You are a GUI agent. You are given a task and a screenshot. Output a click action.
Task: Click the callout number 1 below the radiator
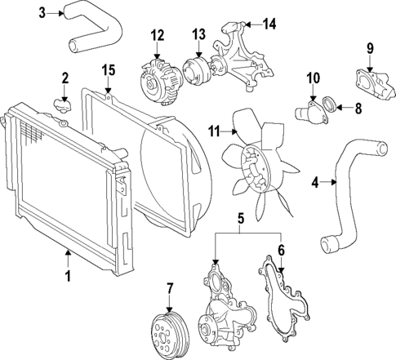(68, 277)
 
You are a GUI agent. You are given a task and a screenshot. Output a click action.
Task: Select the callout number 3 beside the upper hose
(43, 11)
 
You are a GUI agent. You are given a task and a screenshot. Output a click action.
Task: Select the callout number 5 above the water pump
(240, 220)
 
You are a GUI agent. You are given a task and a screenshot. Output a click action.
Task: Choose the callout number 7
(170, 288)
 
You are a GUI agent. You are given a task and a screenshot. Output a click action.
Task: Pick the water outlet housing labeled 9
(365, 82)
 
